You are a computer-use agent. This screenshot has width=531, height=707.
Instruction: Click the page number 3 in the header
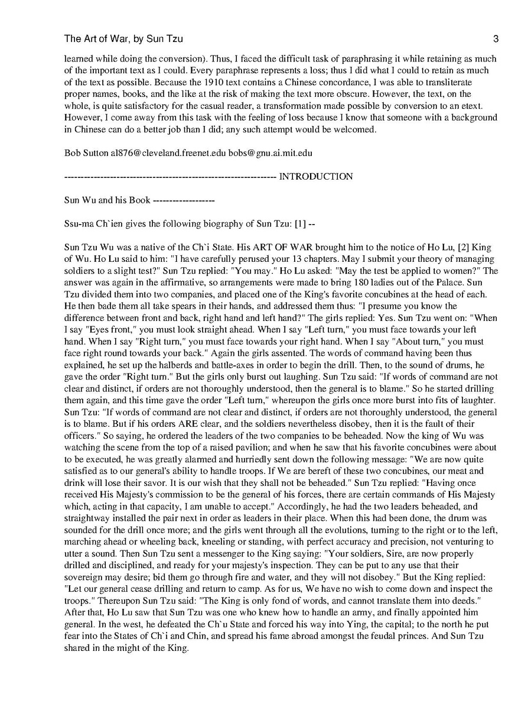(x=496, y=40)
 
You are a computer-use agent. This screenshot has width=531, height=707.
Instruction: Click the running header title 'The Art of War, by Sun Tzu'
(x=123, y=40)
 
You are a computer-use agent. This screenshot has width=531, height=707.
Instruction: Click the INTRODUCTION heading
(x=316, y=177)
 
